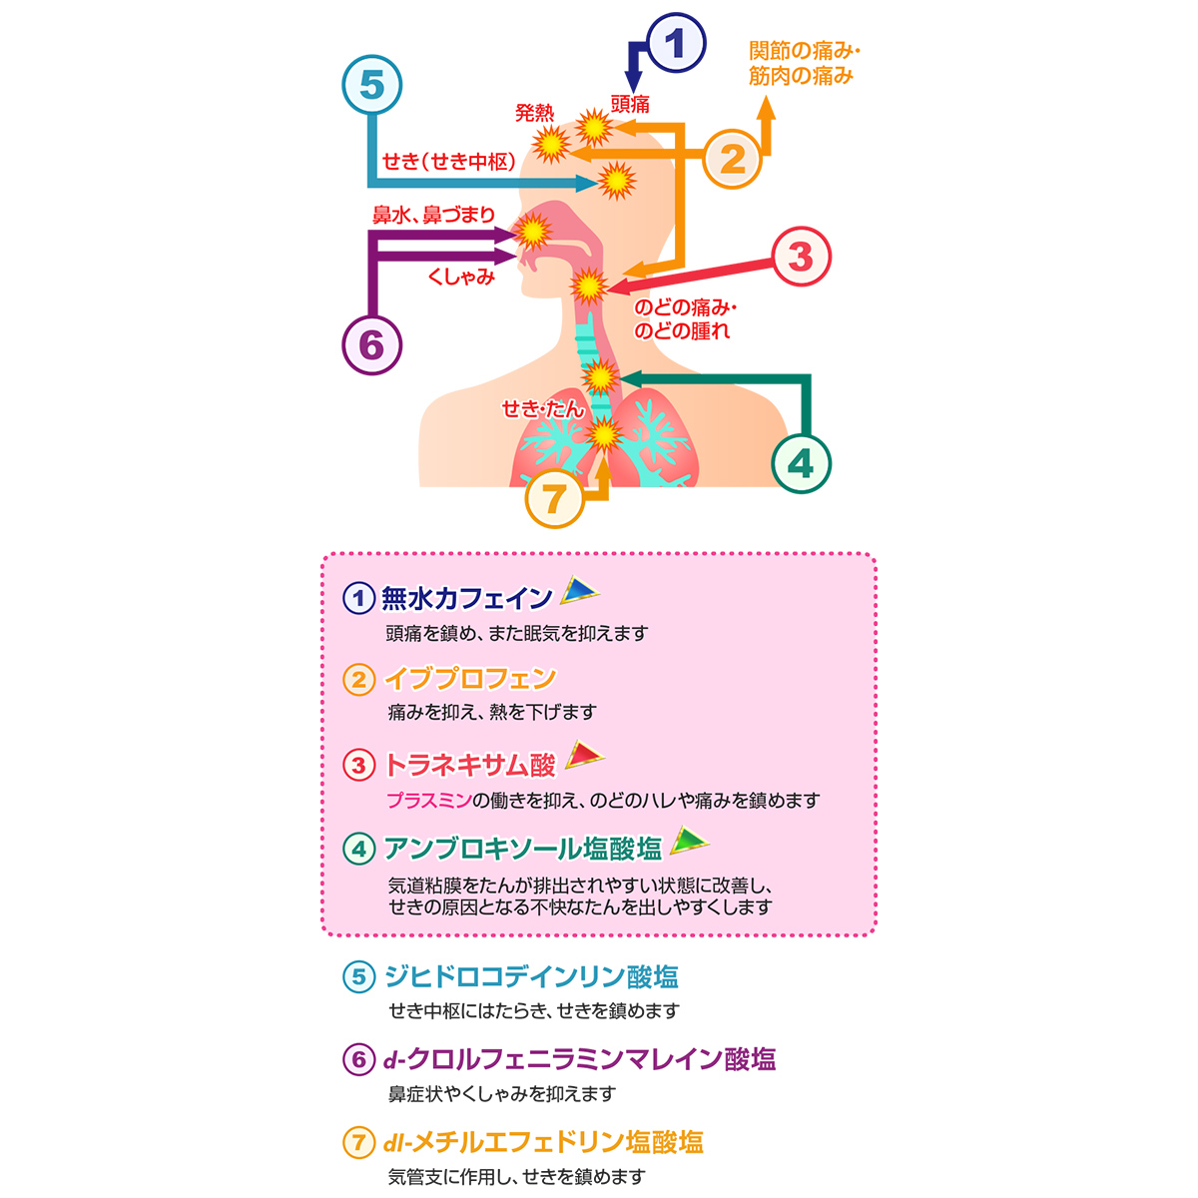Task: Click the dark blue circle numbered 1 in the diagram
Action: click(x=676, y=44)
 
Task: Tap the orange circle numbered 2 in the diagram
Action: click(x=733, y=159)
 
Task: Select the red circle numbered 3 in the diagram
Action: click(x=801, y=257)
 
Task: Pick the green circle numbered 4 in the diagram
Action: click(x=801, y=463)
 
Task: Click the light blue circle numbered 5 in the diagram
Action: click(x=371, y=85)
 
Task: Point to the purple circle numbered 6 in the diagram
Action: click(x=371, y=345)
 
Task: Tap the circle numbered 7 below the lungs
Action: click(x=555, y=498)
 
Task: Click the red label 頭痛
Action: click(x=630, y=104)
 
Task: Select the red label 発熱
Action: click(x=534, y=112)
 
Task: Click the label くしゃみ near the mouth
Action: click(x=461, y=277)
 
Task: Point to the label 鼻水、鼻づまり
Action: click(x=433, y=215)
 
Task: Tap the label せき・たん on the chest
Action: click(x=542, y=408)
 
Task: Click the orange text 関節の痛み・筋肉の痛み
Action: click(x=804, y=63)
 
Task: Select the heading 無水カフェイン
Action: click(x=466, y=598)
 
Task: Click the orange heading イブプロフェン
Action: click(x=469, y=679)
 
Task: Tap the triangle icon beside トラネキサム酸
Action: click(x=585, y=756)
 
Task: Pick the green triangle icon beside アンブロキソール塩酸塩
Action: click(x=689, y=841)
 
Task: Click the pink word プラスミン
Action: click(x=428, y=800)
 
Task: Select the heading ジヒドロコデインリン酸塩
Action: click(x=531, y=976)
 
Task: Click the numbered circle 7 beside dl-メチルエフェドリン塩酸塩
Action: click(x=358, y=1142)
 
